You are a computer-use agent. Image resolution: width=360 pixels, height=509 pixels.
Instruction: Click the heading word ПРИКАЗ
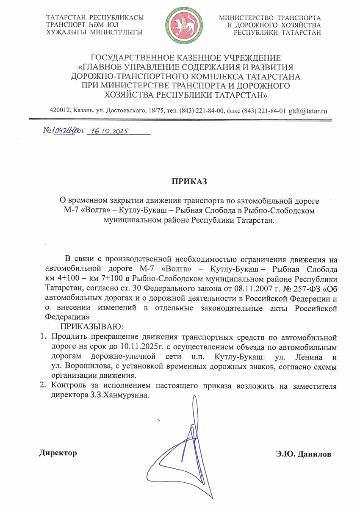tap(188, 182)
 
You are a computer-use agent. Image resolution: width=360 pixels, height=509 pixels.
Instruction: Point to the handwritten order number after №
tap(64, 131)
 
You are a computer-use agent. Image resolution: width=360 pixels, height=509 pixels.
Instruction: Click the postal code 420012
tap(60, 111)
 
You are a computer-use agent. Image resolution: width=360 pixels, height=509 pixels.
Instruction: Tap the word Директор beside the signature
tap(58, 453)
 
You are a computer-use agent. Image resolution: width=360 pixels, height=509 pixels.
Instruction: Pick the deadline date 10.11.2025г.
tap(145, 347)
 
